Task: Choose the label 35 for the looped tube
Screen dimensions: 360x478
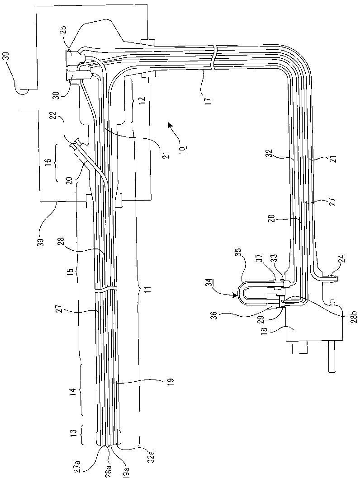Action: coord(239,253)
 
